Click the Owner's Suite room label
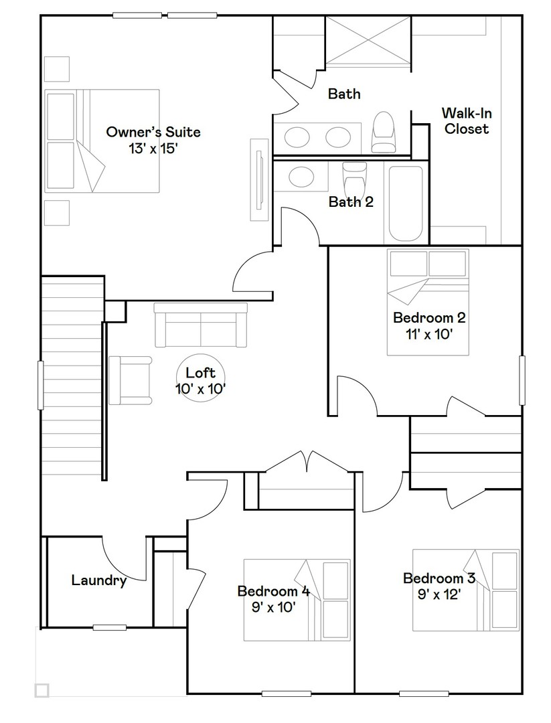(153, 132)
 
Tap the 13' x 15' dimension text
(153, 149)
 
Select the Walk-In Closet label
(467, 121)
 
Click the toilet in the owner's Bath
(384, 132)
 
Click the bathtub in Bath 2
(405, 204)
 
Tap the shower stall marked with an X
(367, 41)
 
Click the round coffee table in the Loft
(201, 378)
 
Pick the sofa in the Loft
(201, 325)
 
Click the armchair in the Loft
(131, 380)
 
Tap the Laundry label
(99, 580)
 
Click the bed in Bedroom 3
(465, 590)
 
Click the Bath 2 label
(351, 202)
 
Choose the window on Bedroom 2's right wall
(522, 380)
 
